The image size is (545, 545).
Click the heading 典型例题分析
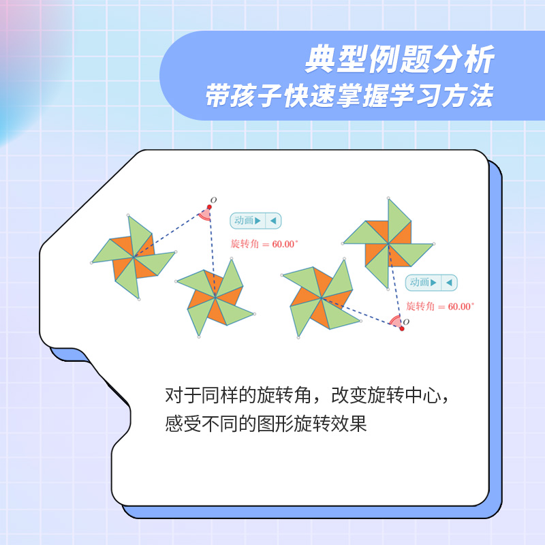point(399,59)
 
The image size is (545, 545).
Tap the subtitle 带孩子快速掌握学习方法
point(349,95)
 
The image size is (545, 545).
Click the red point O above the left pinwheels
point(209,207)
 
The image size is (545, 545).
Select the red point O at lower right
point(402,328)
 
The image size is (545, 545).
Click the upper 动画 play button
point(247,221)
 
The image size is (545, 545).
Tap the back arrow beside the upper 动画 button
point(273,221)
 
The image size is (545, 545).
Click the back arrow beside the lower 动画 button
point(449,283)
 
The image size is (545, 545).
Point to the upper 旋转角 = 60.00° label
point(264,244)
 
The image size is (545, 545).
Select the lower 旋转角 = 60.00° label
point(440,306)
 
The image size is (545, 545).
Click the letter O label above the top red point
point(213,200)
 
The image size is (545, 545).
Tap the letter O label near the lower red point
point(406,322)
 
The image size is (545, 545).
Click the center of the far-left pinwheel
point(134,258)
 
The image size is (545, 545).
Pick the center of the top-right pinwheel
point(388,244)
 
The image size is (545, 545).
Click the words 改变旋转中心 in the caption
point(386,395)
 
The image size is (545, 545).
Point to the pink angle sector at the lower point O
point(395,321)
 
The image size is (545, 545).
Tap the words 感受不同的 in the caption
point(211,424)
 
